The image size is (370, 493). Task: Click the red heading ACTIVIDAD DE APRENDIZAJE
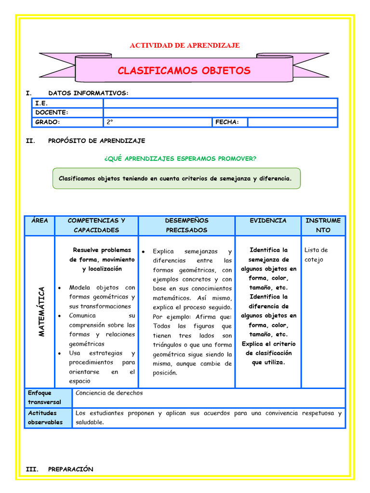coord(185,45)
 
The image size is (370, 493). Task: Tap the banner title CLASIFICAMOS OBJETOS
coord(184,71)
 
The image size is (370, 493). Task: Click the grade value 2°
coord(110,122)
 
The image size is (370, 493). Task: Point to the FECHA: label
coord(227,122)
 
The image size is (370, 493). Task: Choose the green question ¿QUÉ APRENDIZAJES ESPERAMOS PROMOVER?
coord(180,158)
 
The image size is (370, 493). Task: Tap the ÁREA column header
coord(40,221)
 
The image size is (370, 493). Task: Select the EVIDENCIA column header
coord(268,221)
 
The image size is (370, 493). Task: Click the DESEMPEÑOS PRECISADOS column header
coord(186,225)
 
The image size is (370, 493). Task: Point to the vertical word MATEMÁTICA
coord(41,311)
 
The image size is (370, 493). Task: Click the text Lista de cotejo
coord(316,255)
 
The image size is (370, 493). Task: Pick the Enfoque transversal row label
coord(45,398)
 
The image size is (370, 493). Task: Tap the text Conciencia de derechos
coord(109,393)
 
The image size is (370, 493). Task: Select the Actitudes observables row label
coord(45,417)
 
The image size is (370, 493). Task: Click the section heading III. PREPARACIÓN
coord(60,469)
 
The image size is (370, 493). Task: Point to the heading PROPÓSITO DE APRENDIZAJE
coord(96,141)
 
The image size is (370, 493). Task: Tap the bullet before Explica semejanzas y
coord(143,251)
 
